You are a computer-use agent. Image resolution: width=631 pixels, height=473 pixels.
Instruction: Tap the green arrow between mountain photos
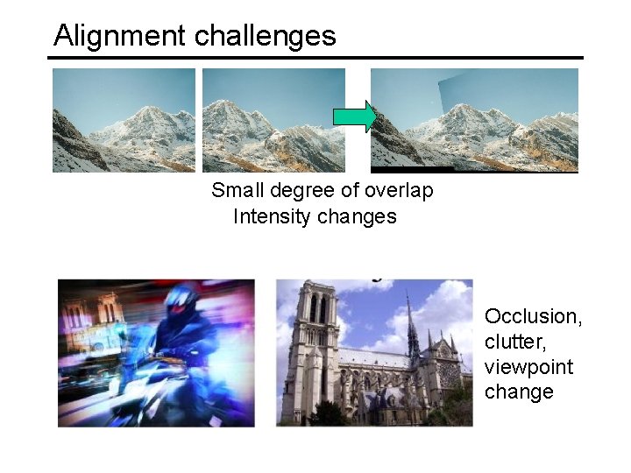coord(354,116)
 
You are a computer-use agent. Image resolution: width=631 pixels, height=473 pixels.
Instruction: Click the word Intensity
coord(270,216)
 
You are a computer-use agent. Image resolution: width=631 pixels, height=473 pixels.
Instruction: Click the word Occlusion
coord(532,316)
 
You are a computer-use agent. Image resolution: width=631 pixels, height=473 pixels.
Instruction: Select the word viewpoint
coord(528,367)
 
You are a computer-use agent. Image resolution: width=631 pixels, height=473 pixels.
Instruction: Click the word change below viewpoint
coord(519,392)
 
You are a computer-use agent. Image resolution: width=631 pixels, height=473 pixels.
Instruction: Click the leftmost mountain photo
coord(124,120)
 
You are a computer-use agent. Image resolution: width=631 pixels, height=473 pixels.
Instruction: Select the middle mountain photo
coord(273,120)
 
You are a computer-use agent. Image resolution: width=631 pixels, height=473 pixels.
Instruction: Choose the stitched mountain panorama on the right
coord(474,120)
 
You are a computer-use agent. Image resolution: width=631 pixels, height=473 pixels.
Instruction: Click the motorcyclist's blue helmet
coord(182,300)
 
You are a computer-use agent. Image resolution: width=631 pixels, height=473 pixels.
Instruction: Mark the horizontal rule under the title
coord(315,59)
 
